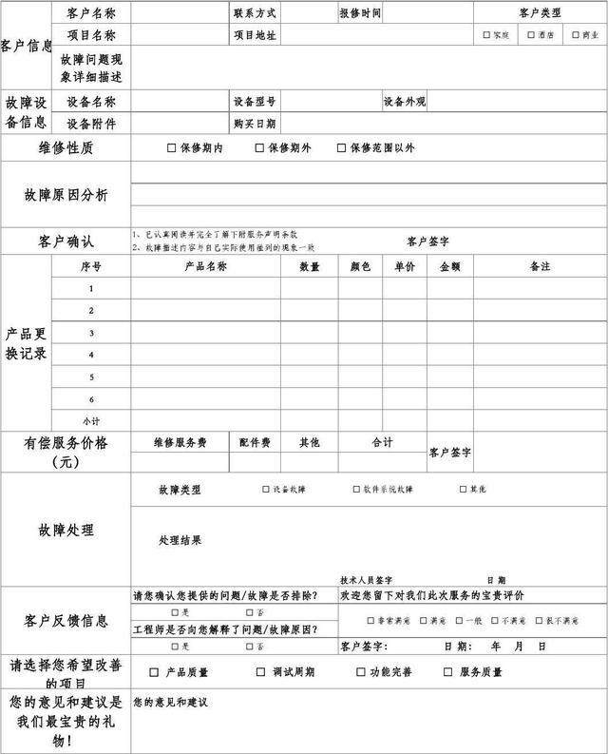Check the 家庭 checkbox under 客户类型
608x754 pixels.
pos(487,35)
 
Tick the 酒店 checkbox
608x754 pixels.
pos(531,35)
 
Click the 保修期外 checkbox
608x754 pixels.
pos(259,148)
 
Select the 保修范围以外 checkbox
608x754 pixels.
pos(342,148)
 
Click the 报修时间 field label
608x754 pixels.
pos(360,13)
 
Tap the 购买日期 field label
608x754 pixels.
pos(254,124)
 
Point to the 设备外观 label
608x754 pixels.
pos(405,102)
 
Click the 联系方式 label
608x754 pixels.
pos(254,13)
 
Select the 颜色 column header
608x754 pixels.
pos(360,267)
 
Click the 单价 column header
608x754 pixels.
pos(405,267)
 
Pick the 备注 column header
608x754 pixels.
pos(540,267)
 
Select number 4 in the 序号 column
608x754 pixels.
pos(91,355)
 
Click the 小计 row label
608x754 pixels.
pos(91,420)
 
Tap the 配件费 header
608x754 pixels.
pos(255,442)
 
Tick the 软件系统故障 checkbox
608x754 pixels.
pos(356,490)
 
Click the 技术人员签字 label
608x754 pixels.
pos(367,580)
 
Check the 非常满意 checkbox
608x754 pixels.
pos(370,621)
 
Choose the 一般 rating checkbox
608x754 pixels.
pos(459,621)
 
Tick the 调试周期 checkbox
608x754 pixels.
pos(261,672)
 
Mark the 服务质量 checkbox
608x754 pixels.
pos(447,672)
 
